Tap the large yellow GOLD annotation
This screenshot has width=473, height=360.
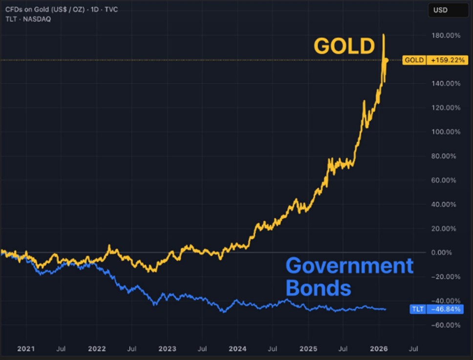tap(344, 46)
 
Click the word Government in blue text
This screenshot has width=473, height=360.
tap(349, 266)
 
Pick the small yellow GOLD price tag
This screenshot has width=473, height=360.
tap(413, 61)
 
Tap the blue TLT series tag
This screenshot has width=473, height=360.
tap(417, 309)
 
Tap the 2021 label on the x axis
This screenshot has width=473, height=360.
tap(26, 349)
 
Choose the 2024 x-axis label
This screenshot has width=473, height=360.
tap(237, 349)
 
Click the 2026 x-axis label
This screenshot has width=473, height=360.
tap(379, 349)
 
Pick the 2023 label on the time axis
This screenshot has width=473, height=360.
tap(167, 349)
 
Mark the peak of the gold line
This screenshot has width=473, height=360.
tap(384, 35)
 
